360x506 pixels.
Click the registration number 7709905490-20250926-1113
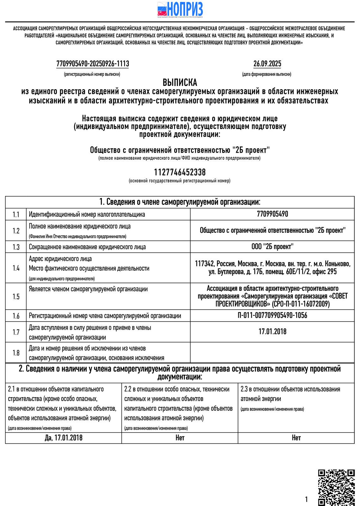pyautogui.click(x=93, y=64)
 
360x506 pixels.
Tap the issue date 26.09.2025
pyautogui.click(x=267, y=64)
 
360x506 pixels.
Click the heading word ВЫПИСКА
pyautogui.click(x=180, y=83)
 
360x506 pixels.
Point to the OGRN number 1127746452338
pyautogui.click(x=180, y=172)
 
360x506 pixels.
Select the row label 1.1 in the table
pyautogui.click(x=16, y=215)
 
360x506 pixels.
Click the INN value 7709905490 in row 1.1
pyautogui.click(x=272, y=214)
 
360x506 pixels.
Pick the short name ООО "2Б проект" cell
pyautogui.click(x=272, y=247)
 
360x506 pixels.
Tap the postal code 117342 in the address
pyautogui.click(x=205, y=264)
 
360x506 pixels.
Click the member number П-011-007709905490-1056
pyautogui.click(x=272, y=315)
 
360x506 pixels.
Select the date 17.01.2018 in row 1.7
pyautogui.click(x=272, y=331)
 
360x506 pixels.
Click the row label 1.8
pyautogui.click(x=16, y=353)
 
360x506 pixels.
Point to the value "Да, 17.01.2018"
pyautogui.click(x=64, y=438)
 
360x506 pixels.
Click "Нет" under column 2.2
pyautogui.click(x=180, y=438)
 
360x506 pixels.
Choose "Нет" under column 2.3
pyautogui.click(x=296, y=438)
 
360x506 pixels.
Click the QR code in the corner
pyautogui.click(x=336, y=487)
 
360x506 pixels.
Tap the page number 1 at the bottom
pyautogui.click(x=306, y=500)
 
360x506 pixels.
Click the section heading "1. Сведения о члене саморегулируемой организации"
pyautogui.click(x=180, y=202)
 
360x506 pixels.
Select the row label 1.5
pyautogui.click(x=16, y=296)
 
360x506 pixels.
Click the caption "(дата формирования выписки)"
pyautogui.click(x=267, y=74)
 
